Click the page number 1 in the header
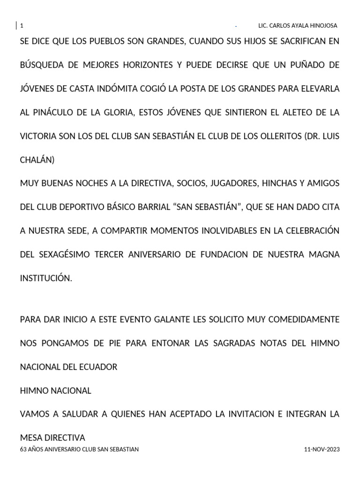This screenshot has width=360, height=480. (22, 25)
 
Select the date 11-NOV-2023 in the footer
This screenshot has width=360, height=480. (322, 449)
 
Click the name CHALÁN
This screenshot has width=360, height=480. (37, 160)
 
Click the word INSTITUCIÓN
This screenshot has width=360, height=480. (46, 278)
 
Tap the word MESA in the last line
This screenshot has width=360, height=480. (31, 438)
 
